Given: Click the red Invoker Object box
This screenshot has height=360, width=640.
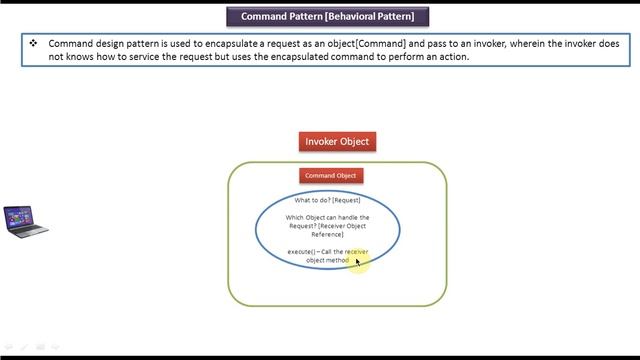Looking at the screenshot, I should [337, 141].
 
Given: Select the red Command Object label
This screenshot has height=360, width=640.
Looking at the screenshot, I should [330, 176].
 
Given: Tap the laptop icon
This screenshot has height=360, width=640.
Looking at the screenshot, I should [25, 221].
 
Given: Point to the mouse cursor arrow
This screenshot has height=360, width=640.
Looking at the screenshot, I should [357, 261].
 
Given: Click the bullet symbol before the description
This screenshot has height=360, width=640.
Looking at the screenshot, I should [33, 43].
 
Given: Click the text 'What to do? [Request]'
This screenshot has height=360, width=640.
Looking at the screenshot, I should [327, 200].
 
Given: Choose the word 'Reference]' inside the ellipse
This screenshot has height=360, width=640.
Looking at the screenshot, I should [328, 235].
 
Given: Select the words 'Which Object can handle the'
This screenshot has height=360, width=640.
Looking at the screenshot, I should [327, 217].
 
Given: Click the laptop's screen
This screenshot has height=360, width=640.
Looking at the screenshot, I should [20, 216].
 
